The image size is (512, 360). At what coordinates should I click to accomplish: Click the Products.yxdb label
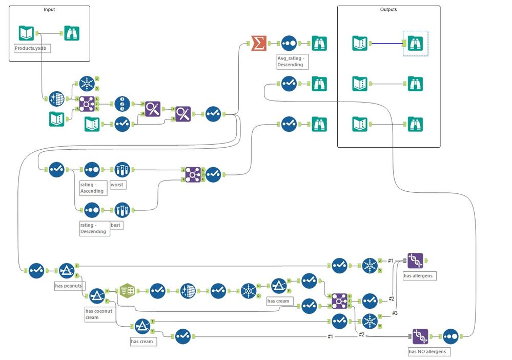(32, 48)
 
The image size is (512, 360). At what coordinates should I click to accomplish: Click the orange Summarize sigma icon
(259, 43)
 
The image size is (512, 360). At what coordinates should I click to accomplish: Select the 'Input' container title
(49, 9)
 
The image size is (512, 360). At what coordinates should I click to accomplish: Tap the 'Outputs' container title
(388, 9)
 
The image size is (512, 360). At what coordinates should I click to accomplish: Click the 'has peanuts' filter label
(69, 285)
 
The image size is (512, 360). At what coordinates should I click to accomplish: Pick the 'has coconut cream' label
(99, 314)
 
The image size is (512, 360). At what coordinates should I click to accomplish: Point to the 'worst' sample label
(117, 184)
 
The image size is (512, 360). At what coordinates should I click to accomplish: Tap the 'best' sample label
(117, 225)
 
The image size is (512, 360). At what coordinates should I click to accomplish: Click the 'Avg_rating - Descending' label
(291, 62)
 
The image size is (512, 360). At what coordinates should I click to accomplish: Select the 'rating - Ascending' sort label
(92, 188)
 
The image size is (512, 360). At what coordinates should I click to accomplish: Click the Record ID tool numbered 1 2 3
(122, 104)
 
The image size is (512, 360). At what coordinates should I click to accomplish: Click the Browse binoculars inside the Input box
(71, 33)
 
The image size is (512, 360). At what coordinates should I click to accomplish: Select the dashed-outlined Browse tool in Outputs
(416, 43)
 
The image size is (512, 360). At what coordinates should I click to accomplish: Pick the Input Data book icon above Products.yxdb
(26, 33)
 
